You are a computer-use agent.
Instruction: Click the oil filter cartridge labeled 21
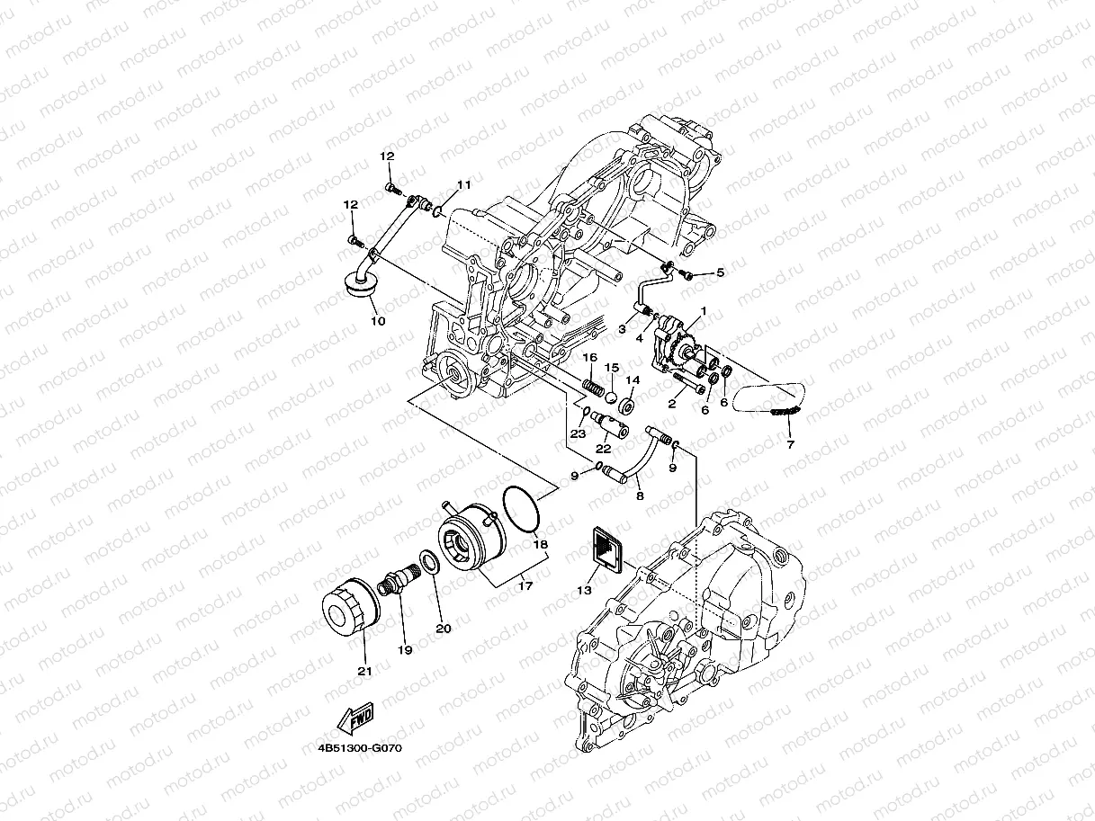point(346,614)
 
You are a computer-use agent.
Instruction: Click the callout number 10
point(378,320)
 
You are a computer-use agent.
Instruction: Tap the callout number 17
point(525,586)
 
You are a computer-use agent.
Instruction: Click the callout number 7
point(790,444)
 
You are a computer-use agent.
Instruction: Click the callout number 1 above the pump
point(704,311)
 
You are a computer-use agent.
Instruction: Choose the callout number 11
point(463,184)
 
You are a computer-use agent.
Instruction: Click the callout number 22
point(604,448)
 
